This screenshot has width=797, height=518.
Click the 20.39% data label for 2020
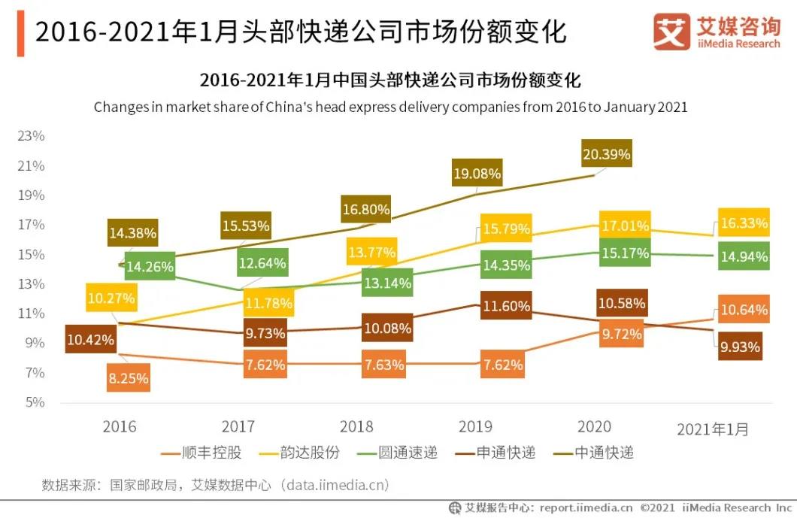606,155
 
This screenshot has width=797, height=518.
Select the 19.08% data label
476,174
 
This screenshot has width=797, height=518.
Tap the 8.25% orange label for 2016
129,378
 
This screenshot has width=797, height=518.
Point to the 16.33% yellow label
744,223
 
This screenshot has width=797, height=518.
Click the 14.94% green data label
744,257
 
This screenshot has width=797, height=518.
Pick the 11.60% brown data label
506,306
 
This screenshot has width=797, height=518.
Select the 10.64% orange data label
744,310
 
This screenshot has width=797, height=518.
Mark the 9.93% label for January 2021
739,347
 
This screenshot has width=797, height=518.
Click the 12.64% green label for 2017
262,263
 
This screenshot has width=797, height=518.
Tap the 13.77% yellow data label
371,253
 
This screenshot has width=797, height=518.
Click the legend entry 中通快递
593,453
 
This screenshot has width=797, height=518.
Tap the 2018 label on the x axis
356,427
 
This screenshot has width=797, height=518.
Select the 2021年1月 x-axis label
713,429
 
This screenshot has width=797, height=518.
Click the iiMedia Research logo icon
671,32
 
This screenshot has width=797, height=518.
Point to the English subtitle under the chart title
390,107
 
